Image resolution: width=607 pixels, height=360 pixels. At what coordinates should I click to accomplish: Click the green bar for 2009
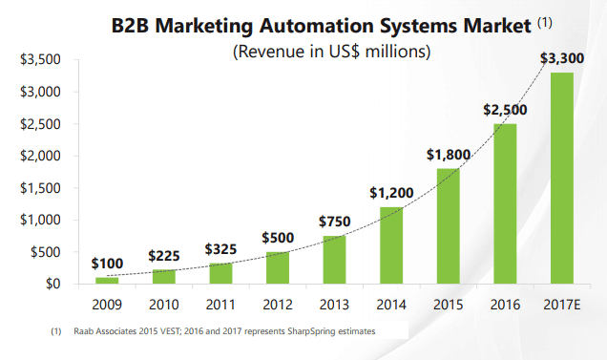tap(106, 280)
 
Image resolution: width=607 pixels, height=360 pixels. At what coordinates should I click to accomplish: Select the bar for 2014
tap(392, 245)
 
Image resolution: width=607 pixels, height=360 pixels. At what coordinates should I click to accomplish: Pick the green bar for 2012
tap(278, 267)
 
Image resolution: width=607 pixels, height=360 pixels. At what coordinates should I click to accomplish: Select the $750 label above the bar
tap(334, 222)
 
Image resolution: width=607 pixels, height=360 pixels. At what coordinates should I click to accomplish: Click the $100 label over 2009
tap(108, 263)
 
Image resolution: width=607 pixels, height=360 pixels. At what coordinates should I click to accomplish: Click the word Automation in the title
tap(320, 22)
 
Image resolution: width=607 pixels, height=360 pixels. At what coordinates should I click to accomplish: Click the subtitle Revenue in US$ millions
tap(332, 51)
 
